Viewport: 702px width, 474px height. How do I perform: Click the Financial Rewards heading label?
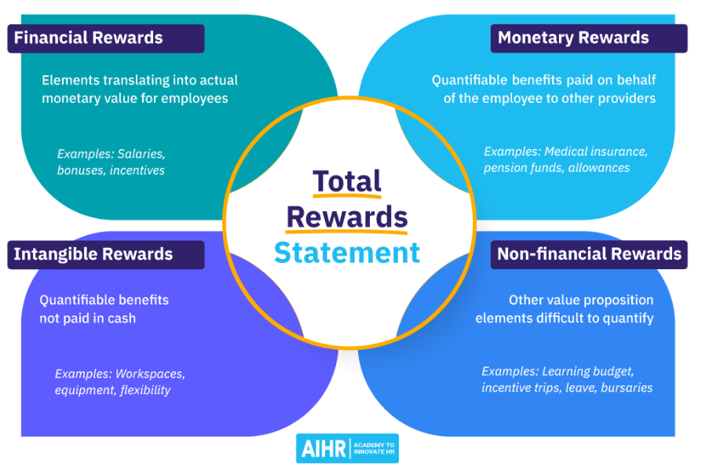[x=106, y=38]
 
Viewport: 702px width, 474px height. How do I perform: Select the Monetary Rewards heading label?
[x=589, y=38]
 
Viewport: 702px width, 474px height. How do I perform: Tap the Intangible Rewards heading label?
[x=106, y=255]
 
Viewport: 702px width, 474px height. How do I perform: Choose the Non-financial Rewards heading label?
[x=589, y=255]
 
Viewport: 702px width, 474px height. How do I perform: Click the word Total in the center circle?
[x=347, y=181]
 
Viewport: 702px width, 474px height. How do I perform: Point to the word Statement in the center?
[x=347, y=253]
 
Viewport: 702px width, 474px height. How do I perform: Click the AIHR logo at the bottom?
[x=347, y=448]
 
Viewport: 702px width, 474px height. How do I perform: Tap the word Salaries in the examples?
[x=141, y=154]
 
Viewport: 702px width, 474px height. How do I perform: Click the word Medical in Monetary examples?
[x=566, y=151]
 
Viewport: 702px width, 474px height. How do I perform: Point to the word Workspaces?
[x=150, y=374]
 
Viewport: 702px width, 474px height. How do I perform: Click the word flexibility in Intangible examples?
[x=145, y=390]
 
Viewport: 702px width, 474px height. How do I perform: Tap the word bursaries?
[x=627, y=388]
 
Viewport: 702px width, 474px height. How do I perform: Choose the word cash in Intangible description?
[x=122, y=319]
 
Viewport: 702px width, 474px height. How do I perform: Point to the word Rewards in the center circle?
[x=347, y=217]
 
